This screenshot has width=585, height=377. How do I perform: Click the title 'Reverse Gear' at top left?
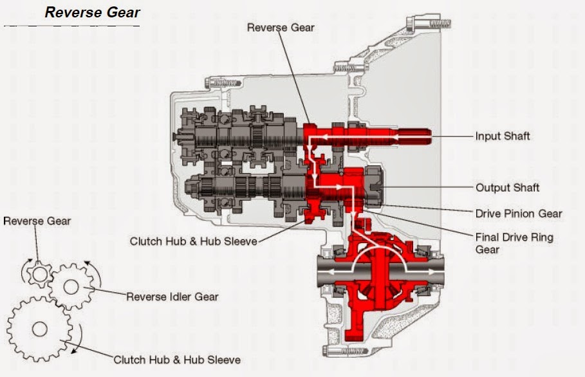[92, 12]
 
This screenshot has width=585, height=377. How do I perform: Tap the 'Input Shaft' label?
[502, 136]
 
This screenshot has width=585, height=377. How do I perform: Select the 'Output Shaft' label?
[507, 188]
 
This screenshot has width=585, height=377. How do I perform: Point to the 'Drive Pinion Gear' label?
[518, 214]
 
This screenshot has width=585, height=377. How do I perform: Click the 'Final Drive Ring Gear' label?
[514, 243]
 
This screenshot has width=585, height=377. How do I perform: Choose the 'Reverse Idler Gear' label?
[172, 297]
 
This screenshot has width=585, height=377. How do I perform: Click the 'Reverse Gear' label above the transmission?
[280, 27]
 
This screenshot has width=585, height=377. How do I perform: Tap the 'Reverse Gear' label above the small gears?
[37, 221]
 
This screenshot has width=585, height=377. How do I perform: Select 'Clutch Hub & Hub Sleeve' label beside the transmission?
[193, 241]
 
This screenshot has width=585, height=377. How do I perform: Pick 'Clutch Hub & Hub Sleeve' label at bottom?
[177, 360]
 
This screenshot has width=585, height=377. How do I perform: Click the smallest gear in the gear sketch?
[38, 275]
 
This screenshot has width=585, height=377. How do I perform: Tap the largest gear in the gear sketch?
[39, 329]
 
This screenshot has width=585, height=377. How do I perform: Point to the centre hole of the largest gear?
[39, 329]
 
